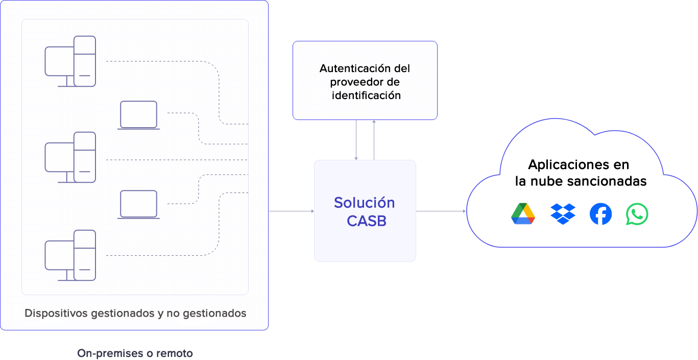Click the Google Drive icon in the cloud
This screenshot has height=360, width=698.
coord(523,214)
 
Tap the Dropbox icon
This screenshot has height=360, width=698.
coord(563,214)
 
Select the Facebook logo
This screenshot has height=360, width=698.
coord(600,214)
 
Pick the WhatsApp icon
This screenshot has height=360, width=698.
coord(637,214)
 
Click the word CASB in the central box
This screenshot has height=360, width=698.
coord(366,221)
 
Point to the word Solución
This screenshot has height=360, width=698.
coord(364,203)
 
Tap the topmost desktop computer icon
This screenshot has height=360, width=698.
coord(70,61)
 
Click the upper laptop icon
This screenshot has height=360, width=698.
coord(138,115)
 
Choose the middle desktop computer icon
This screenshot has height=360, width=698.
coord(70,157)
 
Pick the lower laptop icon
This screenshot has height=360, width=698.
coord(138,204)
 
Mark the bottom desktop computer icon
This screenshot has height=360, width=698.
coord(70,255)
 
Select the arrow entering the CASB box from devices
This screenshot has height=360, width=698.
coord(291,211)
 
